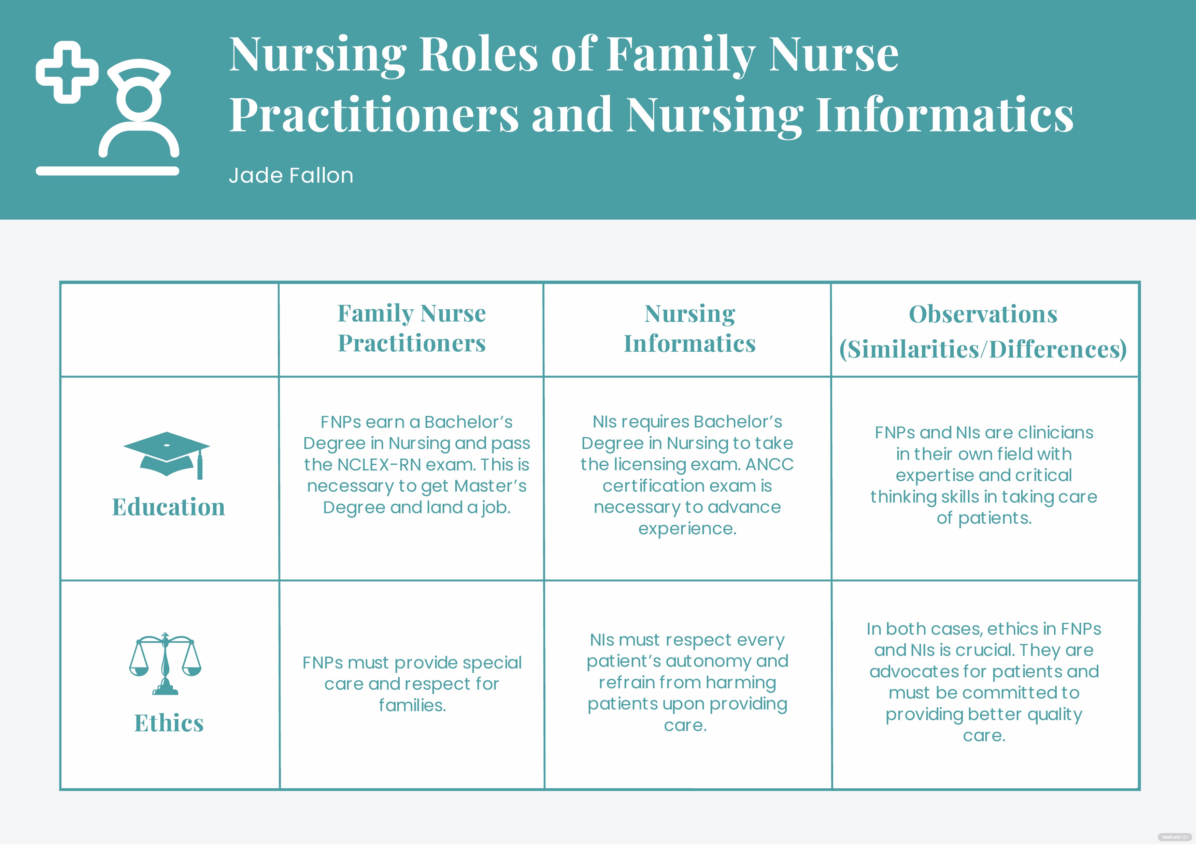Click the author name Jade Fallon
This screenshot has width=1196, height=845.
click(291, 175)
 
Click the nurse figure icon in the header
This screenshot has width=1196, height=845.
click(139, 108)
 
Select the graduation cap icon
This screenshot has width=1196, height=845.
click(167, 455)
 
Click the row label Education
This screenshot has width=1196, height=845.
click(169, 507)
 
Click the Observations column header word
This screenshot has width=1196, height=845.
click(983, 314)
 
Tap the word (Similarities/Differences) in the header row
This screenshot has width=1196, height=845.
click(983, 349)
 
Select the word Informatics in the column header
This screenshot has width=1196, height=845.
click(690, 344)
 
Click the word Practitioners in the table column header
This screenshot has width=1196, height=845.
click(412, 343)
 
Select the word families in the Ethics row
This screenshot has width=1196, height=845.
click(412, 705)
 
